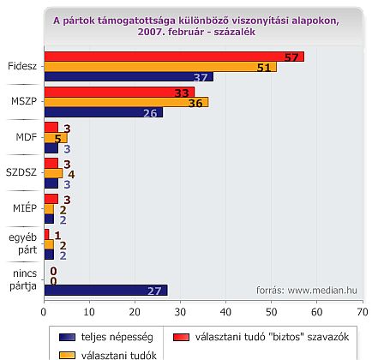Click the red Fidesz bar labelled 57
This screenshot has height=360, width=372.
[174, 57]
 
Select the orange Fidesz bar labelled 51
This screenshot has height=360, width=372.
[160, 67]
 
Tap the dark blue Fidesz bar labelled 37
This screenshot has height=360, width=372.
[129, 77]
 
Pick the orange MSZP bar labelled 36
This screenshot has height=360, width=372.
[127, 102]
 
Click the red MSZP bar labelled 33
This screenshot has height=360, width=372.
[120, 93]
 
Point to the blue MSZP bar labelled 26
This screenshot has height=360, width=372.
[104, 112]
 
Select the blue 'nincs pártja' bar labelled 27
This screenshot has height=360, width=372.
[106, 291]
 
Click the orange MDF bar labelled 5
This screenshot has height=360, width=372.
[56, 138]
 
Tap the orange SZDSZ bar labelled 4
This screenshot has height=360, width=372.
[53, 173]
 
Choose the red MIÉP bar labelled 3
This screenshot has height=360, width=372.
[51, 199]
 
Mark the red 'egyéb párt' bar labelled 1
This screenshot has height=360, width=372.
[47, 235]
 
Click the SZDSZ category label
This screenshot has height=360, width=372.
[21, 172]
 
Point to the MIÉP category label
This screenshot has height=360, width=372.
[25, 207]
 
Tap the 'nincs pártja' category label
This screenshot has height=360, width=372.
[23, 279]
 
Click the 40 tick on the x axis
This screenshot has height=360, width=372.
[225, 312]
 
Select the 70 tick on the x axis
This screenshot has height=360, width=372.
[363, 312]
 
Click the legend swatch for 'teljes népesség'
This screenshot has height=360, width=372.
[67, 337]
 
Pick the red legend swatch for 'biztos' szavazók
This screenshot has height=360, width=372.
[181, 337]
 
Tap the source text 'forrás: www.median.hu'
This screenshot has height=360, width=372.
[307, 291]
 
